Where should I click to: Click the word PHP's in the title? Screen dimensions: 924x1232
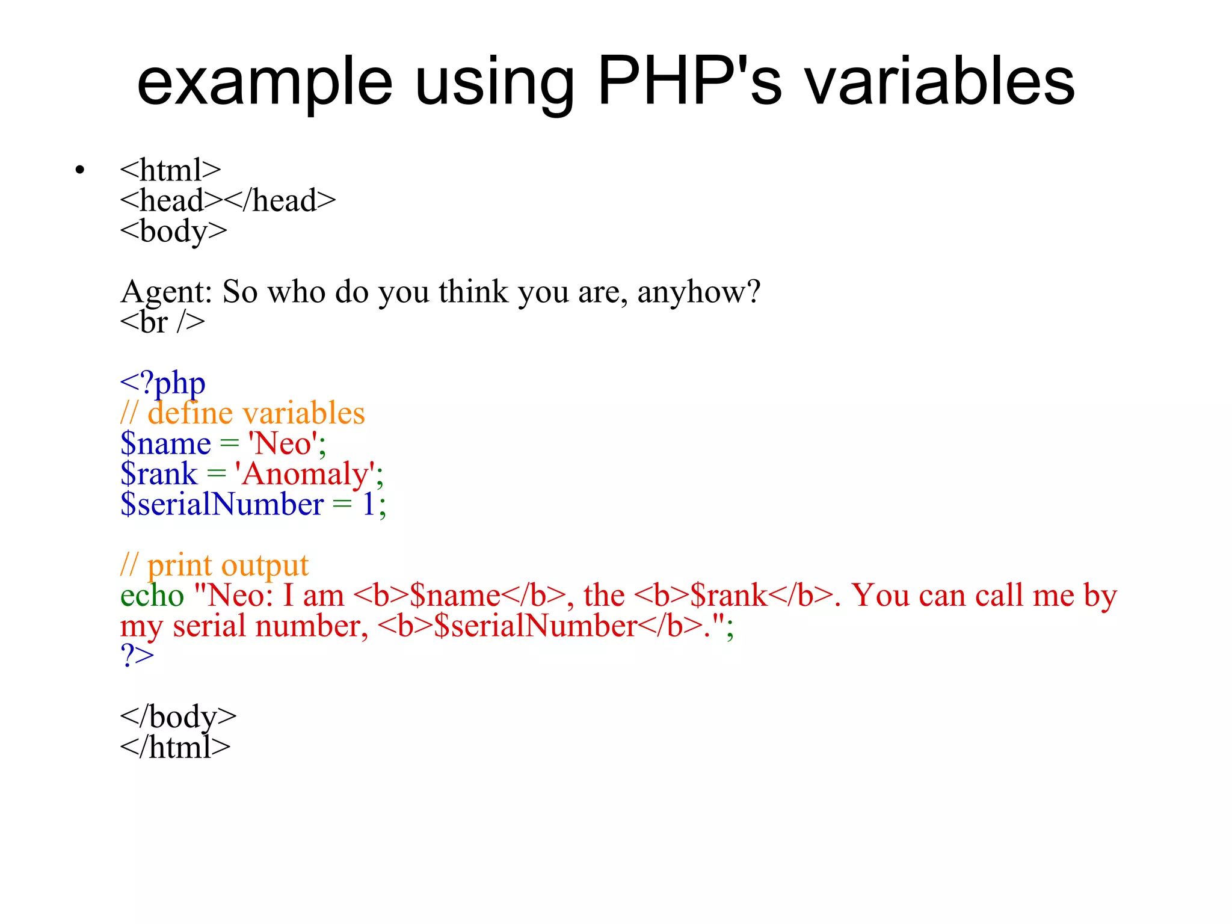click(x=689, y=81)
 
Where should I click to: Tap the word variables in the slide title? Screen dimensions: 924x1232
click(x=940, y=81)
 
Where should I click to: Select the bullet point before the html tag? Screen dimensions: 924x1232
click(x=80, y=171)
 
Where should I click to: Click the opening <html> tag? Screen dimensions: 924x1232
click(x=170, y=170)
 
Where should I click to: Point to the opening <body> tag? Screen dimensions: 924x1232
click(x=173, y=231)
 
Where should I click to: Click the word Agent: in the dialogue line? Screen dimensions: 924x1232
click(x=166, y=292)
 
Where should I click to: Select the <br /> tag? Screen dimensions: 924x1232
click(x=162, y=322)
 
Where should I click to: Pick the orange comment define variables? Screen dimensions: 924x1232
click(x=243, y=414)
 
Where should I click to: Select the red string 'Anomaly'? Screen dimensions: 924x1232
click(x=305, y=474)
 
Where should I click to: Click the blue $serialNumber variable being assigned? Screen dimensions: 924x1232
click(x=222, y=504)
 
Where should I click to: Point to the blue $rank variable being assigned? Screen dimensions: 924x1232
click(x=159, y=474)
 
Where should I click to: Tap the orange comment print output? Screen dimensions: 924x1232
click(x=215, y=565)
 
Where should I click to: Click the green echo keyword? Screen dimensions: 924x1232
click(x=152, y=596)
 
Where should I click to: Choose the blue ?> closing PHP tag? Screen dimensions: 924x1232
click(x=137, y=656)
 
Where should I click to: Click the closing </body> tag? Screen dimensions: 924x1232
click(x=178, y=717)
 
